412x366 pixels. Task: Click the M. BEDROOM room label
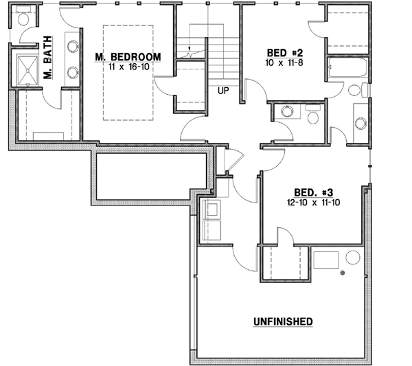coord(128,57)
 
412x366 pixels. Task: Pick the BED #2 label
coord(286,52)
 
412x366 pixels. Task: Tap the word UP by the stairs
coord(222,90)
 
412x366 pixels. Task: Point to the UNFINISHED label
coord(283,321)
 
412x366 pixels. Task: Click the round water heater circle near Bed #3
coord(353,259)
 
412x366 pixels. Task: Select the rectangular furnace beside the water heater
coord(327,261)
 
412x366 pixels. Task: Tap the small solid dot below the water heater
coord(341,275)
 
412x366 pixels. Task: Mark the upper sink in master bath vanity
coord(73,47)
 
